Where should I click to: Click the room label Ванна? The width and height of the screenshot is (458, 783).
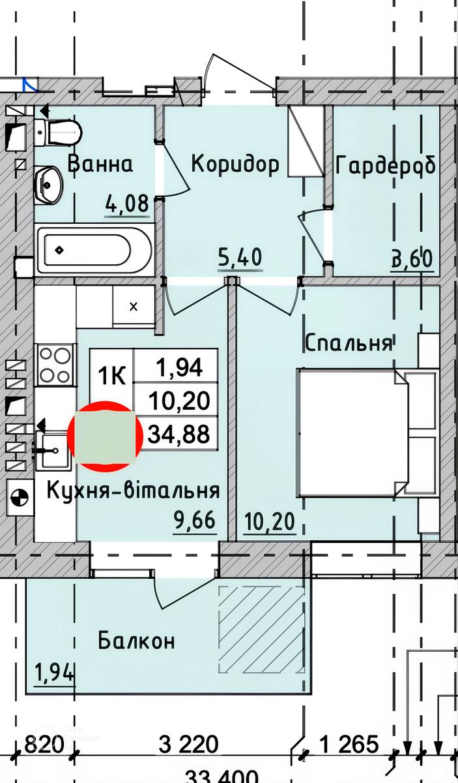[x=100, y=164]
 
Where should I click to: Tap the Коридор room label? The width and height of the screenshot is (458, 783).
[x=235, y=164]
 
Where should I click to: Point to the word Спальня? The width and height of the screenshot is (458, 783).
[x=349, y=343]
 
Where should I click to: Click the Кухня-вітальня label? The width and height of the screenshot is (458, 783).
[x=133, y=490]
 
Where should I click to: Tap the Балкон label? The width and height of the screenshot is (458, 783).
[x=137, y=641]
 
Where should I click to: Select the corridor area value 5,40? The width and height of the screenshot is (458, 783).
[x=239, y=257]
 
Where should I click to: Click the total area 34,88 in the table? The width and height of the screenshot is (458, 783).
[x=179, y=434]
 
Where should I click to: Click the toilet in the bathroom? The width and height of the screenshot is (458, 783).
[x=59, y=132]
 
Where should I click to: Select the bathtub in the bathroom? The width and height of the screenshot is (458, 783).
[x=94, y=250]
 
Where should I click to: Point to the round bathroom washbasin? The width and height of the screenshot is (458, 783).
[x=50, y=183]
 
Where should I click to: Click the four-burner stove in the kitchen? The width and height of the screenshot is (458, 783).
[x=55, y=364]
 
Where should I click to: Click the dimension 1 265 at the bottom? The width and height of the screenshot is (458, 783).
[x=349, y=744]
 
